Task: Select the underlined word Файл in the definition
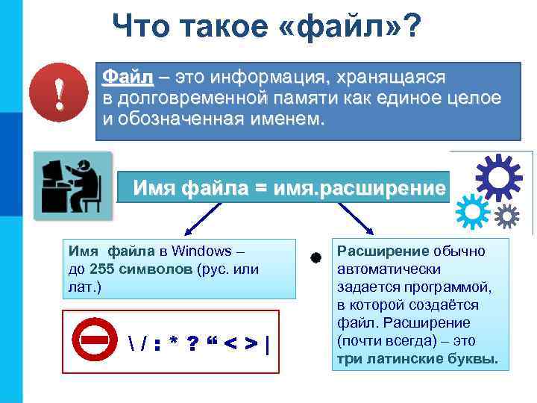tap(128, 77)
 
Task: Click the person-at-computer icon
tap(72, 186)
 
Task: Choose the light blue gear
tap(471, 211)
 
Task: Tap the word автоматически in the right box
tap(389, 269)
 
